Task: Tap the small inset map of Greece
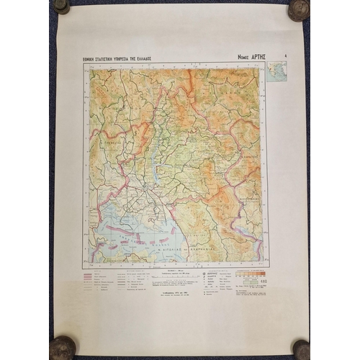[x=277, y=71]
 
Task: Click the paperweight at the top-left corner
[x=62, y=6]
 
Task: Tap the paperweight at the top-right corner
[x=297, y=9]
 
